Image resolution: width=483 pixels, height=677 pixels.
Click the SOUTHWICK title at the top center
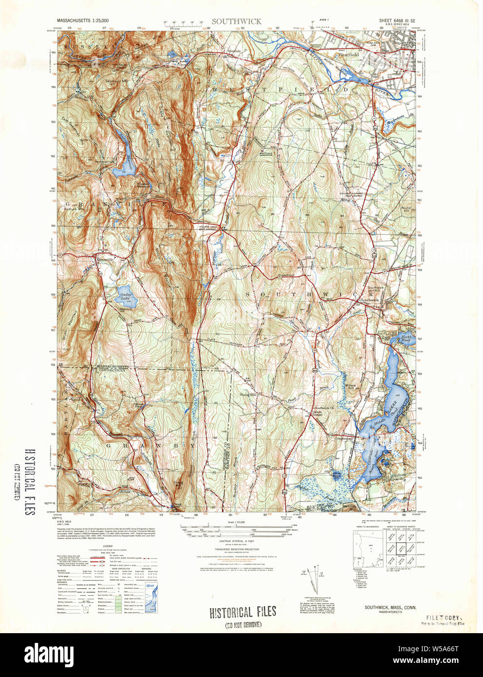point(236,21)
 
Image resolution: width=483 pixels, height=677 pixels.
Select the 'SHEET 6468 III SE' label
point(397,21)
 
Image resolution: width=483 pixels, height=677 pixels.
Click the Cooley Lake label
point(126,297)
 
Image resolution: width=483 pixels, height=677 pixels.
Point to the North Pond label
point(406,338)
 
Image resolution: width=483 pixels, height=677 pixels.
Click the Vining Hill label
point(247,395)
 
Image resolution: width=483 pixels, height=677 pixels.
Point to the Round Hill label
point(406,209)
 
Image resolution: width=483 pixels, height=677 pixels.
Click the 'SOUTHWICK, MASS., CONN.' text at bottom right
point(390,607)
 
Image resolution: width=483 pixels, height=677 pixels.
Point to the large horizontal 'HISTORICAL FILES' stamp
point(243,613)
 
